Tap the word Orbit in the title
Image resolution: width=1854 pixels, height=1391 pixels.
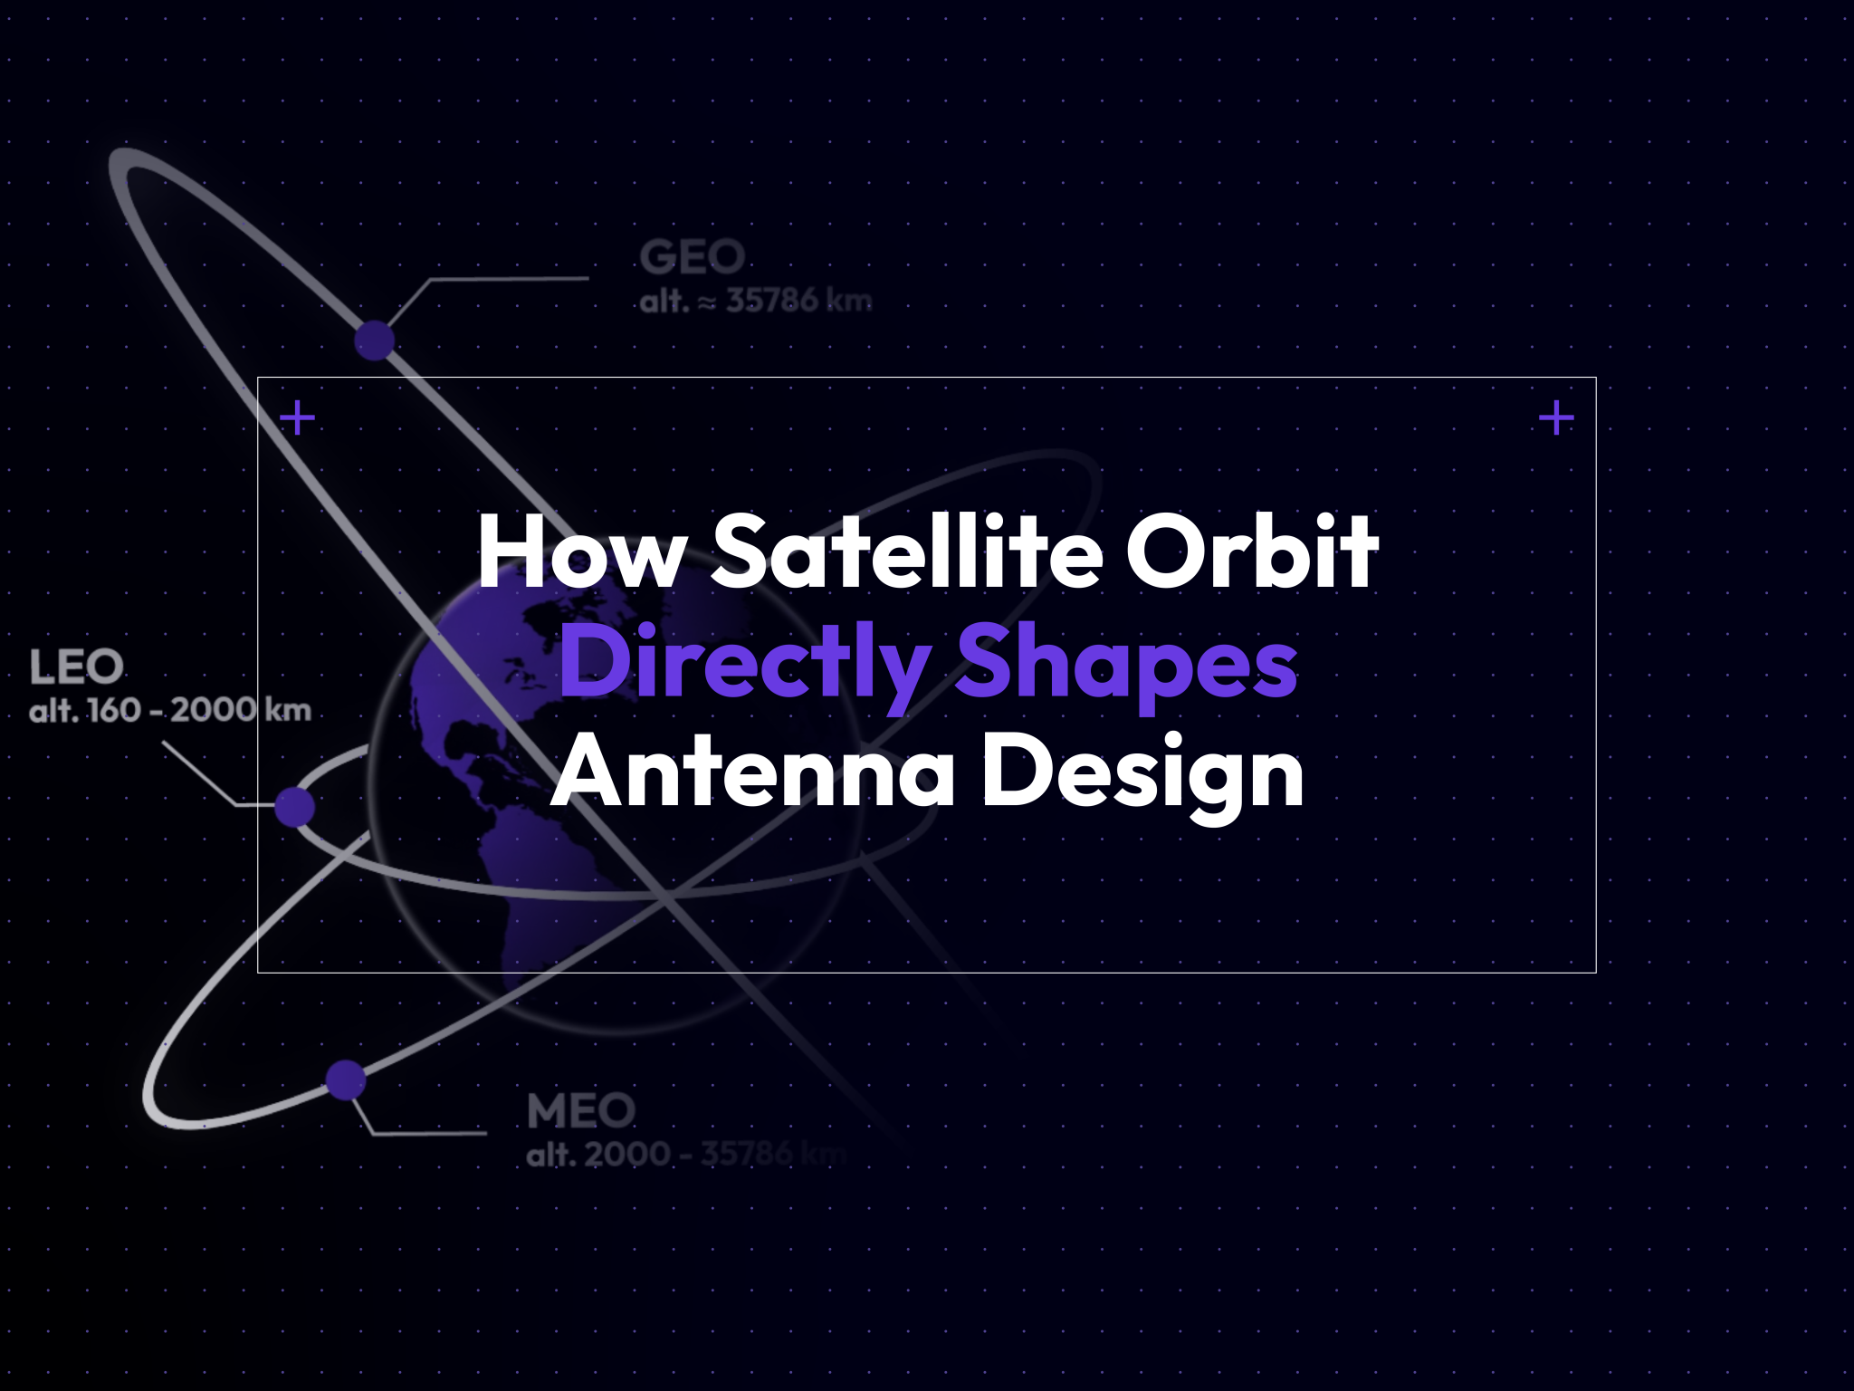coord(1251,552)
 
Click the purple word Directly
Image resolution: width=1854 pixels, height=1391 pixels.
coord(744,666)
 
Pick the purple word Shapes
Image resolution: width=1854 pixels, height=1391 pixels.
coord(1126,666)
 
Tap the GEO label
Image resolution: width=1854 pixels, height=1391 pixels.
coord(693,257)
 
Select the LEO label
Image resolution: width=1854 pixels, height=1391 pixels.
coord(76,667)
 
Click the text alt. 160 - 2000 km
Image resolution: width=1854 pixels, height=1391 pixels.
coord(170,710)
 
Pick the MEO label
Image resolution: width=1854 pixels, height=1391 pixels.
coord(581,1111)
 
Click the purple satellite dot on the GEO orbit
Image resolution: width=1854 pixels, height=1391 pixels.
coord(374,341)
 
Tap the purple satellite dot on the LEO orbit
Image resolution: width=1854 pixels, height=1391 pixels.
coord(294,806)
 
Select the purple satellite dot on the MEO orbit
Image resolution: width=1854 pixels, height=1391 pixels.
coord(345,1079)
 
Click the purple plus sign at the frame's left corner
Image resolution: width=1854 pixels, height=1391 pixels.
coord(297,418)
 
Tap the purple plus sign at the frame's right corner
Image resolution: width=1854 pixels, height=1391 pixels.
coord(1556,418)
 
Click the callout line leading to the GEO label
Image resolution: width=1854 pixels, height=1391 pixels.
coord(507,279)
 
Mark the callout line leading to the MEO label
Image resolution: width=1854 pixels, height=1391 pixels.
coord(430,1133)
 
